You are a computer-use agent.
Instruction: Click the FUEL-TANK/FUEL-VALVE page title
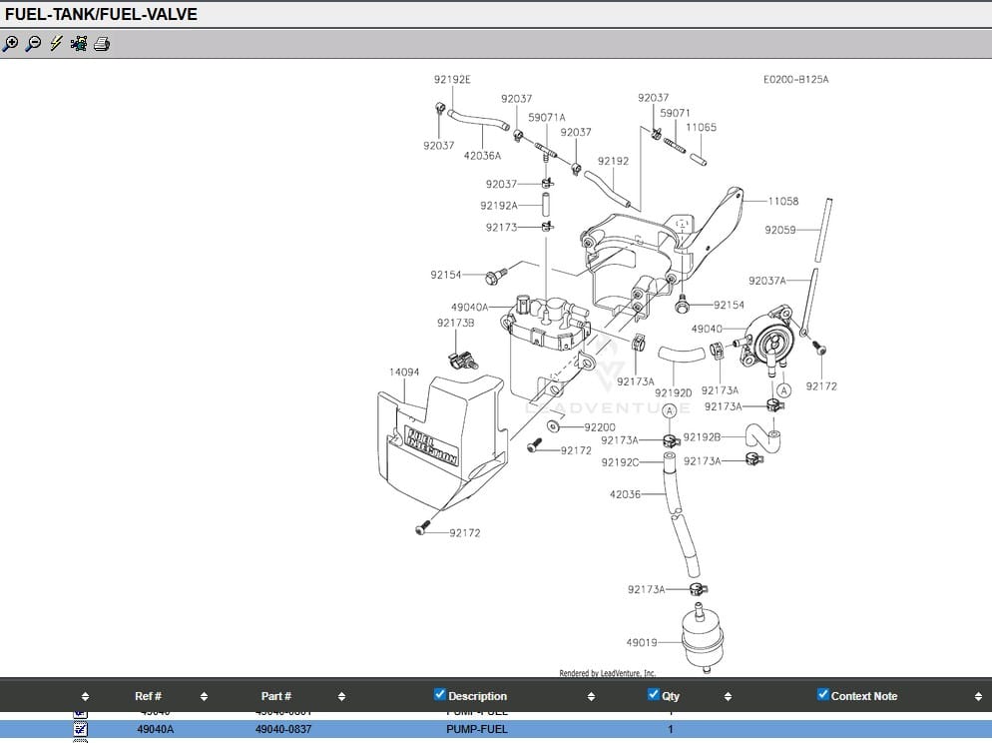tap(102, 14)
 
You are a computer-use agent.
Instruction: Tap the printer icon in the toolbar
tap(102, 44)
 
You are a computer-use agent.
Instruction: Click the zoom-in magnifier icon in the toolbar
tap(11, 44)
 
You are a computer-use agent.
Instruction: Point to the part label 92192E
tap(452, 79)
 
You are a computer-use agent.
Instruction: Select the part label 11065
tap(701, 128)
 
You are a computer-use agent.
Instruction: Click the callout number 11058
tap(782, 202)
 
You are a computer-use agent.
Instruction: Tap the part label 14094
tap(404, 372)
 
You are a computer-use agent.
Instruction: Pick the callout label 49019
tap(642, 642)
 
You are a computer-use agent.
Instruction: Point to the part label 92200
tap(600, 427)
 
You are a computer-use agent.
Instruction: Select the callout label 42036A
tap(482, 156)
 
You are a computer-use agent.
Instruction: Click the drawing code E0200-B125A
tap(795, 79)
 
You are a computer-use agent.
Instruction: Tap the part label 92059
tap(780, 230)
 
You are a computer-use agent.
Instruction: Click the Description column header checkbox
tap(440, 695)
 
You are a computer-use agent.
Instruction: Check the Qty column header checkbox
tap(654, 695)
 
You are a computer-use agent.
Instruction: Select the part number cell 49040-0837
tap(283, 729)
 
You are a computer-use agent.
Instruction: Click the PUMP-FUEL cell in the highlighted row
tap(477, 729)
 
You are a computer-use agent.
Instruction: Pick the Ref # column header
tap(148, 696)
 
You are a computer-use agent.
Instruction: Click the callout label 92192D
tap(674, 392)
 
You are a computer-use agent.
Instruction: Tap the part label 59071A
tap(547, 117)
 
